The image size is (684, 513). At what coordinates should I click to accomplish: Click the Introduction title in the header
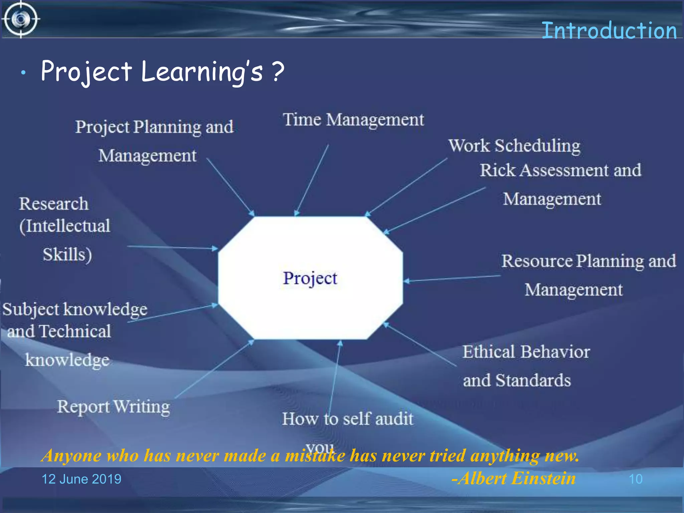pos(609,31)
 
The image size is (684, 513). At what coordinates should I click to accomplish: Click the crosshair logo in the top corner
pos(21,19)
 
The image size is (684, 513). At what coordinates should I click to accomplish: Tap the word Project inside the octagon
pos(310,278)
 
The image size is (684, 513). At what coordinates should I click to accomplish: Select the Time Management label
pos(353,120)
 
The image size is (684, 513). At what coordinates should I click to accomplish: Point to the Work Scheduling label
pos(514,146)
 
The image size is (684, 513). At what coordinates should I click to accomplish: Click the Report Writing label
pos(114,407)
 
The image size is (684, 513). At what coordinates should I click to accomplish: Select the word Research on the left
pos(54,204)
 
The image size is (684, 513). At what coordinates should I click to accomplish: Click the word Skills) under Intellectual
pos(67,254)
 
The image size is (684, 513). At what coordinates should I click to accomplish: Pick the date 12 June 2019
pos(81,479)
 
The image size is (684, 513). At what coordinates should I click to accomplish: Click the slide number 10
pos(635,479)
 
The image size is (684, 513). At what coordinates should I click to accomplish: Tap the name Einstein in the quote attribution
pos(543,478)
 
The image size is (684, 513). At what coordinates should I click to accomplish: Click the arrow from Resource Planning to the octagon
pos(453,278)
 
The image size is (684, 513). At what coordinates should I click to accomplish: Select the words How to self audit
pos(348,419)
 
